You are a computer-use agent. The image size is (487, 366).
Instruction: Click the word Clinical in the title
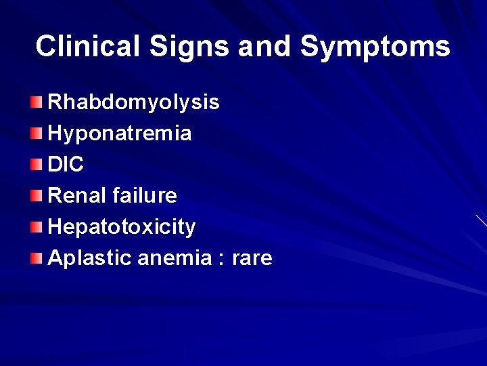pyautogui.click(x=87, y=46)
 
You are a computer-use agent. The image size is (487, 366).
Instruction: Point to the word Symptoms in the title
pyautogui.click(x=375, y=46)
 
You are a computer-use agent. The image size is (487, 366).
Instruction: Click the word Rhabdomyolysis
pyautogui.click(x=134, y=102)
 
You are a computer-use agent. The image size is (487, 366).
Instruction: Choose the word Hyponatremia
pyautogui.click(x=120, y=134)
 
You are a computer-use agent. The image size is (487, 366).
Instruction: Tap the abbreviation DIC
pyautogui.click(x=66, y=165)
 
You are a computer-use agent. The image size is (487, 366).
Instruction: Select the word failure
pyautogui.click(x=145, y=196)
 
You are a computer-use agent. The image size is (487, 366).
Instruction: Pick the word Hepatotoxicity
pyautogui.click(x=122, y=227)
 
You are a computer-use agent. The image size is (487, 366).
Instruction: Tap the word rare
pyautogui.click(x=252, y=258)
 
